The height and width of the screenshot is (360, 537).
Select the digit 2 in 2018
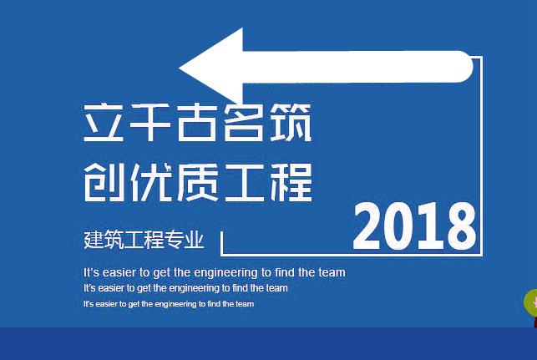click(371, 226)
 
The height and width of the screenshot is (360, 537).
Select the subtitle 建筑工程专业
click(144, 241)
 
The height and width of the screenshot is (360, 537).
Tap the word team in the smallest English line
click(245, 304)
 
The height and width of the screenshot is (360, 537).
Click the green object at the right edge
click(530, 302)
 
